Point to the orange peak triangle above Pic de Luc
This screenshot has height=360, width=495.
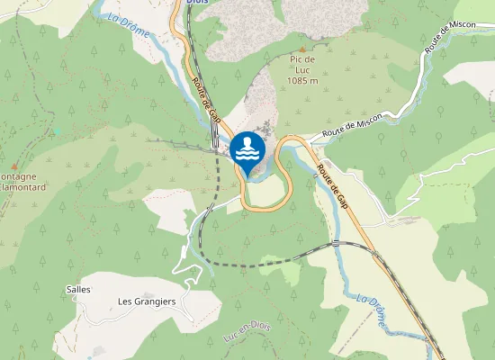[302, 49]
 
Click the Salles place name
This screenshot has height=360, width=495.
[78, 290]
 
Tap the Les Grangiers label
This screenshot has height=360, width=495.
[147, 301]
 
